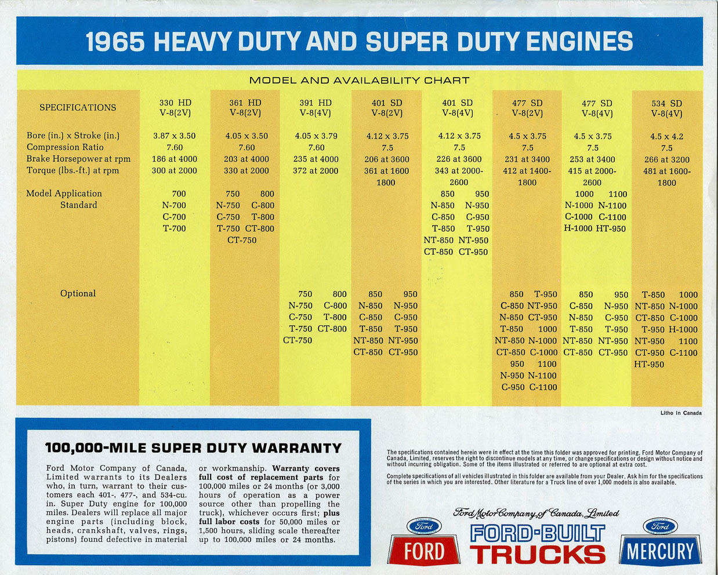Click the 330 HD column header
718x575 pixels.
click(175, 108)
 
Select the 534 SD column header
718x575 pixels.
click(666, 108)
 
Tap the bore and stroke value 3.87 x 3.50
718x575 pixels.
click(175, 136)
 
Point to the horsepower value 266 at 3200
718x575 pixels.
click(666, 159)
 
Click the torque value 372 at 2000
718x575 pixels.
click(316, 170)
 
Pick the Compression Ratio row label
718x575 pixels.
click(65, 147)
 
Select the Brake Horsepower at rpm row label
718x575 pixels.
click(78, 159)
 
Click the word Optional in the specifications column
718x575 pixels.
click(78, 293)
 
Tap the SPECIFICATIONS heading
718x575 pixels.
click(78, 107)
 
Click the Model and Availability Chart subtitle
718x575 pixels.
click(359, 81)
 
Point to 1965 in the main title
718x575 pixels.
click(115, 42)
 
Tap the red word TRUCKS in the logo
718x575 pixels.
click(538, 554)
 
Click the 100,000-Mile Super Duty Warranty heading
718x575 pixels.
click(193, 448)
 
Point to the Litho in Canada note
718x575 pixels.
click(680, 413)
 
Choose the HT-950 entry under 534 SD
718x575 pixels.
click(649, 364)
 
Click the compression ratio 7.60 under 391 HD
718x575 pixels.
click(316, 147)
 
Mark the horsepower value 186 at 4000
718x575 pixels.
click(175, 159)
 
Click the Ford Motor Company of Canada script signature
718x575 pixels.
click(536, 513)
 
